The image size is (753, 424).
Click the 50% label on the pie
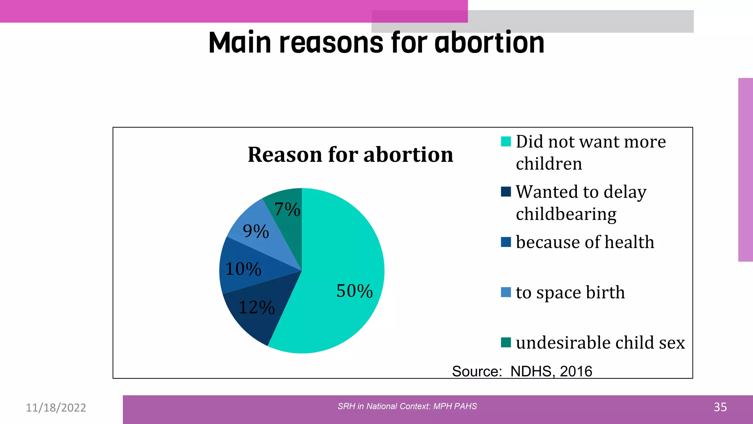coord(354,291)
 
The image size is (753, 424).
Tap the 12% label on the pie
coord(256,307)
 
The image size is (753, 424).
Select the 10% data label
coord(243,269)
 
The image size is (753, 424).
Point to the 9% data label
coord(256,232)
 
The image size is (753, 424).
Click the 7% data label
coord(287,209)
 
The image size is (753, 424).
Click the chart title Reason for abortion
coord(350,154)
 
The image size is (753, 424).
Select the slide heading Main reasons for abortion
coord(376,43)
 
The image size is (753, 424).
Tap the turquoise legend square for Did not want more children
coord(506,142)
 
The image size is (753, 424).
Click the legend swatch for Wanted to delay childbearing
coord(506,192)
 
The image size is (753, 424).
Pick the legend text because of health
coord(585,242)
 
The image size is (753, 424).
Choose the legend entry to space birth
coord(570,293)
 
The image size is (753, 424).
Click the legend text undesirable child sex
coord(600,343)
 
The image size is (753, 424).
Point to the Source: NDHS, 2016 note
coord(522,371)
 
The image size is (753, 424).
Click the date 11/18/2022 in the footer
coord(56,407)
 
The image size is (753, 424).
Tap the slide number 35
coord(720,407)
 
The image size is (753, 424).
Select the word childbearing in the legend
coord(566,214)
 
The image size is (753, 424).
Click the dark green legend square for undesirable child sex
coord(506,343)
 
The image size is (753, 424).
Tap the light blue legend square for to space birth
coord(506,293)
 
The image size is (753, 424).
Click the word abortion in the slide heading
coord(489,43)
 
